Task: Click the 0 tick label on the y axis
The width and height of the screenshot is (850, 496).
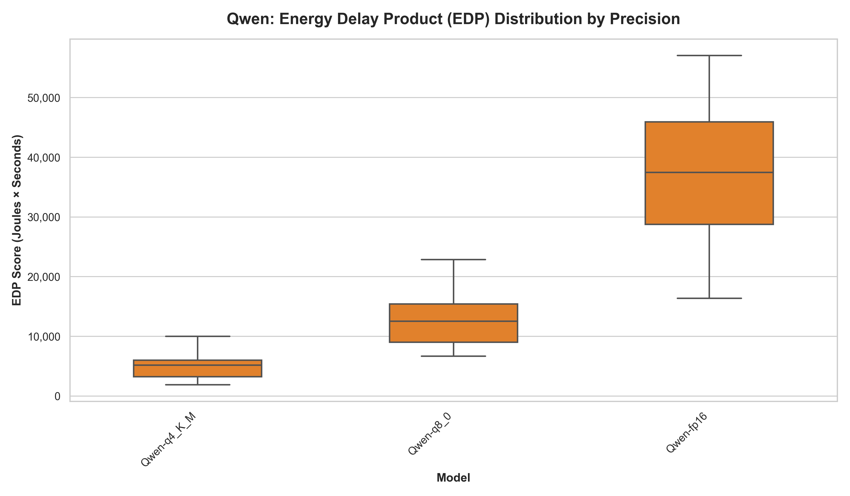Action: [x=57, y=397]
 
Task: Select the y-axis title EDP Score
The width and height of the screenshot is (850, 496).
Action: [x=17, y=220]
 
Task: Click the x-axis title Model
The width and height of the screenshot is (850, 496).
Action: [x=453, y=478]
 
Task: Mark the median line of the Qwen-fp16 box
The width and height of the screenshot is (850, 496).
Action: [x=709, y=172]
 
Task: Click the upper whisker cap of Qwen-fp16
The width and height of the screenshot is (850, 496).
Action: [x=709, y=55]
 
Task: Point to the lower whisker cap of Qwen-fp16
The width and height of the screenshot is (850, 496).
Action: [x=709, y=298]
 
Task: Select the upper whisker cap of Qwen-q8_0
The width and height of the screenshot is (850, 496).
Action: [x=453, y=260]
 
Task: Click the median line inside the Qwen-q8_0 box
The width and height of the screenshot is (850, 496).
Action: [x=453, y=321]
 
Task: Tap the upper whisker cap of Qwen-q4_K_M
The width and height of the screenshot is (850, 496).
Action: [x=198, y=336]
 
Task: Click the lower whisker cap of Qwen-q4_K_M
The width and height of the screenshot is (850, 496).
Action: [x=198, y=385]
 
